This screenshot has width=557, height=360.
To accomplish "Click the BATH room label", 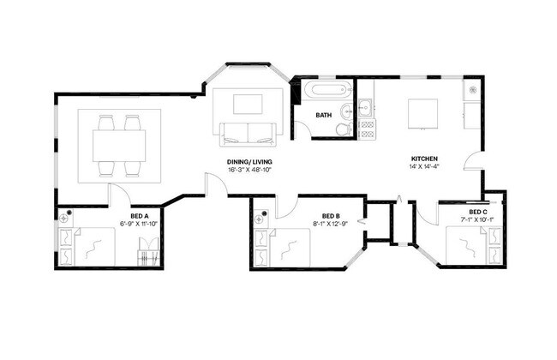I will click(324, 115).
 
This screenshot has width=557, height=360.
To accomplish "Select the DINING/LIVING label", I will click(245, 161).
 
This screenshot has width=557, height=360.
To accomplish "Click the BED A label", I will click(140, 215).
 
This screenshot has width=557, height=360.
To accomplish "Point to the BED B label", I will click(332, 216).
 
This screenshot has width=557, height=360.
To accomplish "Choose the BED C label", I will click(478, 212).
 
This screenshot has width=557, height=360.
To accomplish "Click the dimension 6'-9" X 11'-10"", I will click(140, 224).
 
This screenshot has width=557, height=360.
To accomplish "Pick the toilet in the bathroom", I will click(343, 129).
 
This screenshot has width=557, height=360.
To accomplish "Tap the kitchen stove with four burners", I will click(366, 129).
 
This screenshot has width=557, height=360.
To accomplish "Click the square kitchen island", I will click(423, 112).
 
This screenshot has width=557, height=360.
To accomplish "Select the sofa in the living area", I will click(248, 133).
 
